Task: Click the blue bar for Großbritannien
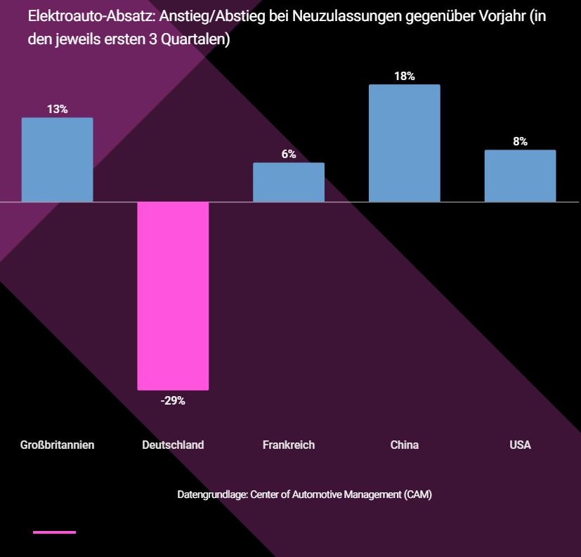coord(57,159)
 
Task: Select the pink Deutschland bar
coord(173,295)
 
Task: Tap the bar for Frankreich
coord(288,182)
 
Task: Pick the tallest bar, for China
coord(404,143)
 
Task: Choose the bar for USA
coord(520,176)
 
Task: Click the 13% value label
coord(57,109)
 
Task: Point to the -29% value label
coord(173,400)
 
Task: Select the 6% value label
coord(289,154)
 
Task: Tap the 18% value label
coord(404,76)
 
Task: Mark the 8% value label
coord(520,141)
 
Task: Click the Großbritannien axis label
coord(57,445)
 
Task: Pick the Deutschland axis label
coord(173,445)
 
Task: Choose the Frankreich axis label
coord(289,445)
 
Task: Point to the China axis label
coord(404,445)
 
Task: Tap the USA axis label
coord(520,445)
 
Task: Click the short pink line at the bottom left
coord(54,532)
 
